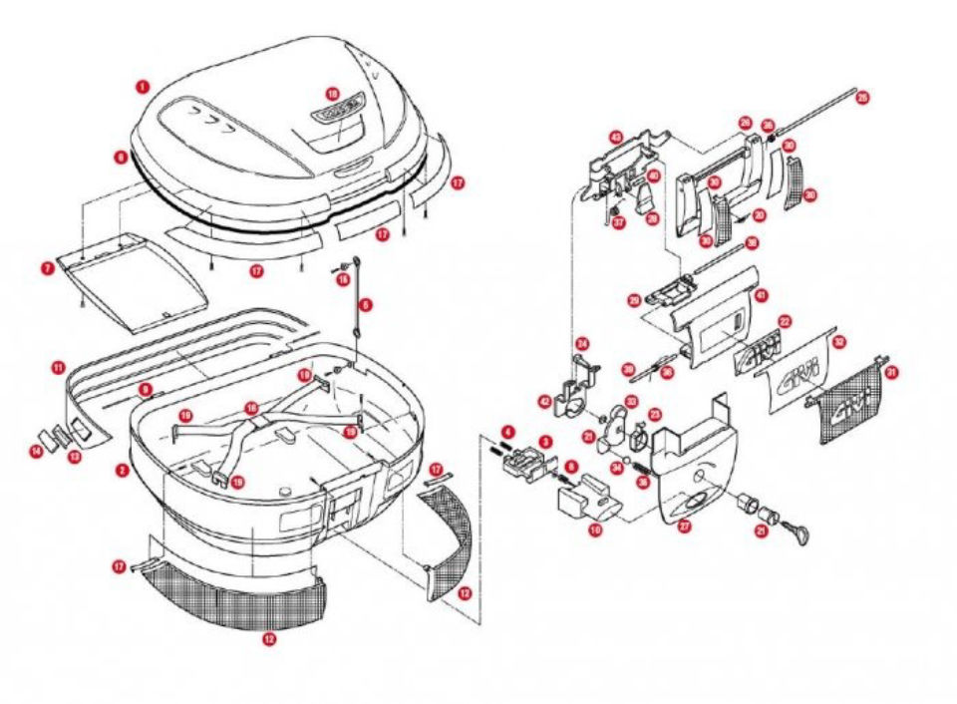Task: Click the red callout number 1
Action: pyautogui.click(x=144, y=87)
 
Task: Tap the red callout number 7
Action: pyautogui.click(x=47, y=268)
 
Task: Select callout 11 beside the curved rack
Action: pyautogui.click(x=59, y=368)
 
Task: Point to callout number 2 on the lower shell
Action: pyautogui.click(x=122, y=469)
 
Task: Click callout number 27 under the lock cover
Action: pyautogui.click(x=685, y=527)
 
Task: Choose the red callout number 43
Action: pyautogui.click(x=615, y=137)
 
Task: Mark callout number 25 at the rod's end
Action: pyautogui.click(x=863, y=98)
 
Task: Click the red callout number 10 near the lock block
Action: pyautogui.click(x=595, y=531)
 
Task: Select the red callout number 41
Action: pyautogui.click(x=761, y=295)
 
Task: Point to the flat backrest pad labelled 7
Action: pyautogui.click(x=135, y=284)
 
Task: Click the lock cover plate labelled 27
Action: pyautogui.click(x=698, y=469)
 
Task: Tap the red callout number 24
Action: pyautogui.click(x=583, y=344)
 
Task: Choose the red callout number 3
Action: pyautogui.click(x=545, y=440)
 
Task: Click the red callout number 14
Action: pyautogui.click(x=36, y=452)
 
